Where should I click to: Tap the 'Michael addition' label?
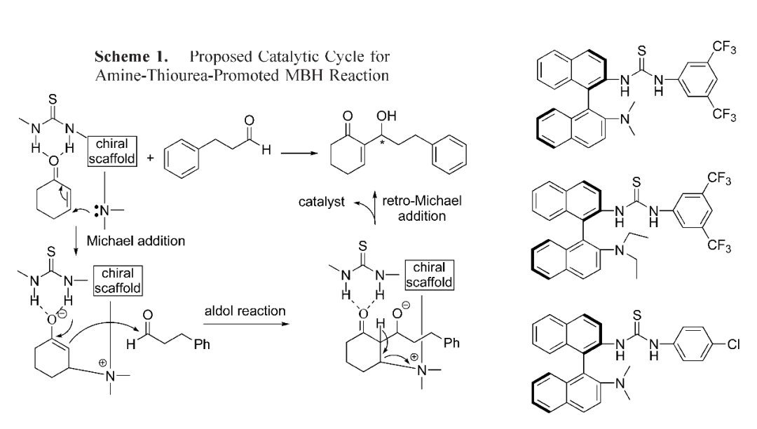[136, 240]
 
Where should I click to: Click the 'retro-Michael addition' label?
[421, 208]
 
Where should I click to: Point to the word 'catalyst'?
[321, 202]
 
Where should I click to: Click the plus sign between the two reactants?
[151, 158]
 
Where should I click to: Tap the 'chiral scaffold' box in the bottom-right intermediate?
[430, 275]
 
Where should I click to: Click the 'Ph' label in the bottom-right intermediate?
[452, 343]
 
